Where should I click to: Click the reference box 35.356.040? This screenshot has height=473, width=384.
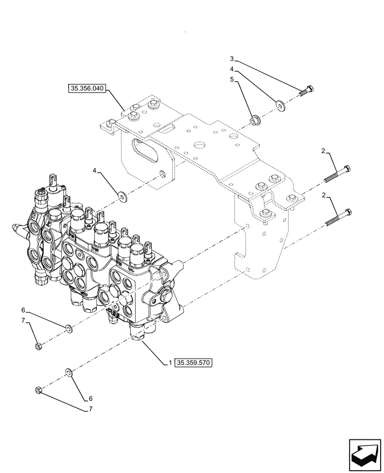(x=88, y=88)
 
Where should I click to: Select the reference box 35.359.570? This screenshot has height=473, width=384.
(x=194, y=363)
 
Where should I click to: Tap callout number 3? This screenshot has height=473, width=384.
(x=232, y=59)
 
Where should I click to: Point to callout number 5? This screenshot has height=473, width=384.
(x=232, y=80)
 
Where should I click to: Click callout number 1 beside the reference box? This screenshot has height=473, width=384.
(x=168, y=363)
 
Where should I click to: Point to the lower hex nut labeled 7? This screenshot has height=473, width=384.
(x=39, y=390)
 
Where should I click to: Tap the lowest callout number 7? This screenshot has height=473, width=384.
(x=91, y=409)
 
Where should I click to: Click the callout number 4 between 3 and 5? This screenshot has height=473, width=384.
(x=232, y=70)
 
